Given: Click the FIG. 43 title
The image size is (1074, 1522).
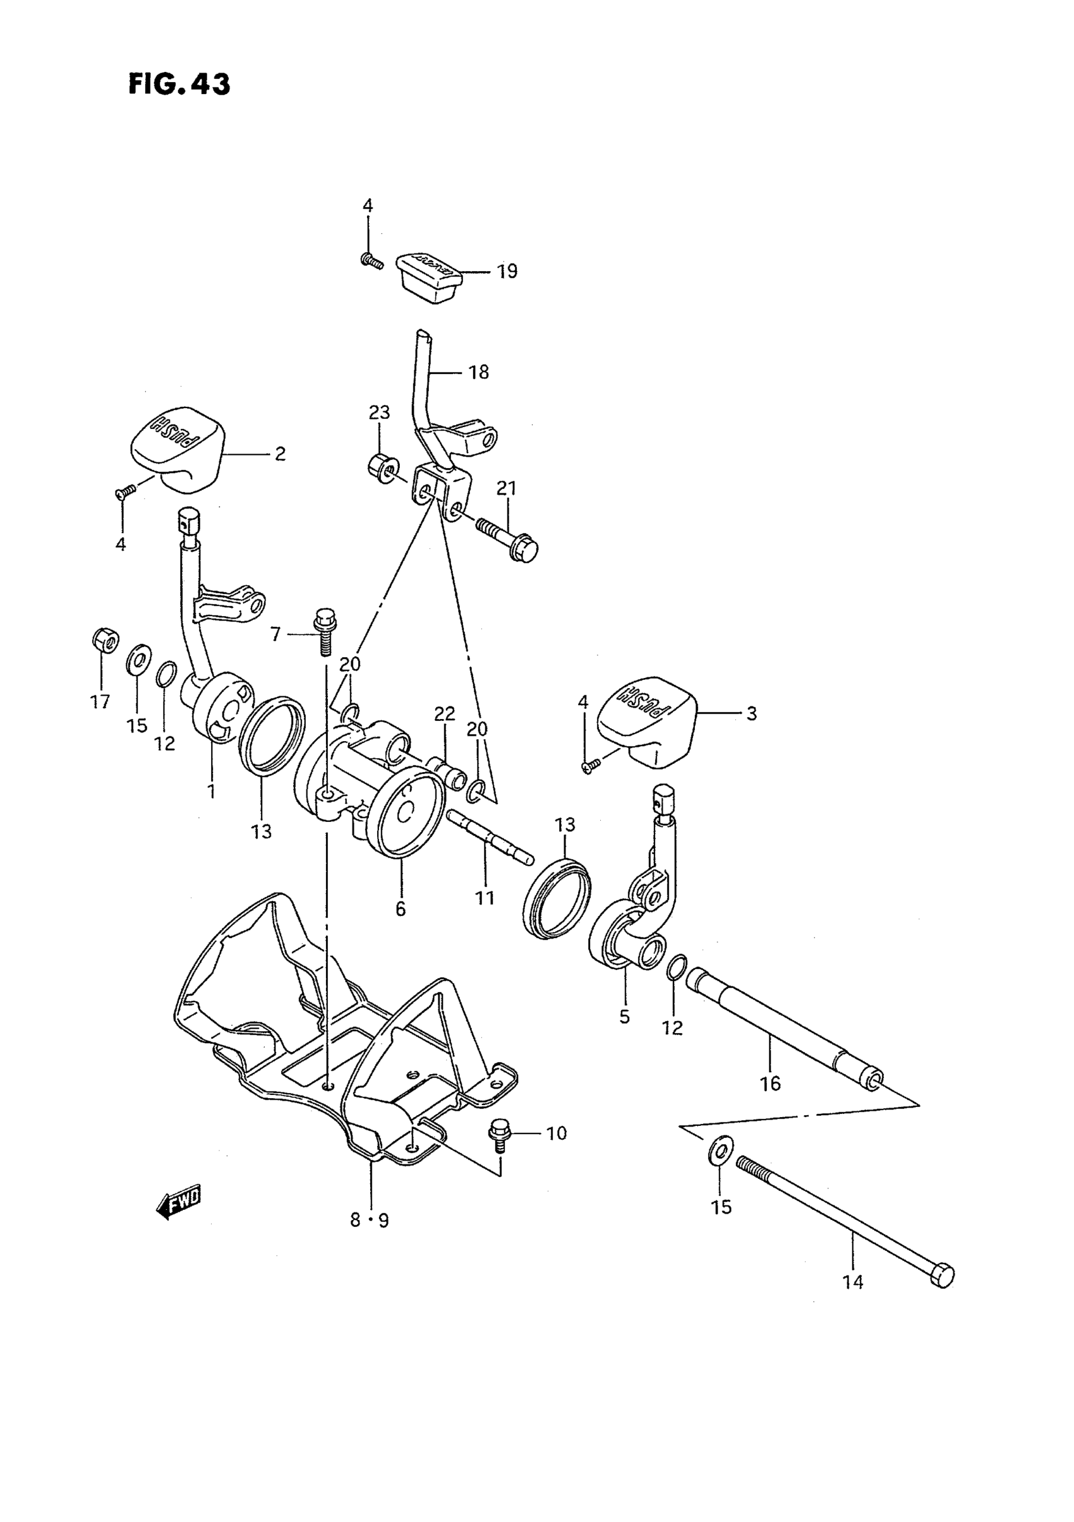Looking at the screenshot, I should tap(179, 84).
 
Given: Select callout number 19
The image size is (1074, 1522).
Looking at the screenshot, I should tap(507, 272).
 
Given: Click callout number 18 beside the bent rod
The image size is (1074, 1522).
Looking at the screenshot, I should tap(479, 373).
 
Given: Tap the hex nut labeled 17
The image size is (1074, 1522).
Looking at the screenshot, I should tap(104, 639).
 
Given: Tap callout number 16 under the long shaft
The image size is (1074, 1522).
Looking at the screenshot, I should tap(771, 1084).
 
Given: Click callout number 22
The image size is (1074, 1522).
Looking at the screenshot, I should tap(444, 714).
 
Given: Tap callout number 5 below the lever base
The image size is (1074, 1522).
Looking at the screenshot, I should tap(625, 1017).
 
